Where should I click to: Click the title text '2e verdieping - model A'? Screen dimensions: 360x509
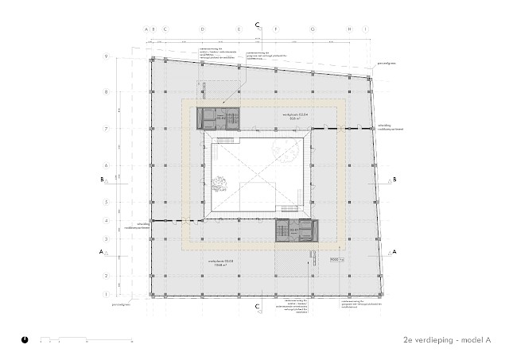click(x=447, y=339)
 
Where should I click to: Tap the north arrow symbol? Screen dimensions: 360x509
click(x=26, y=339)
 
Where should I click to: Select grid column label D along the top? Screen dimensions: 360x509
click(x=202, y=30)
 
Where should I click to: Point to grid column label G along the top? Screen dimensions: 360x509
click(x=313, y=30)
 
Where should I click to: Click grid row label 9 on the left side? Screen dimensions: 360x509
click(x=106, y=56)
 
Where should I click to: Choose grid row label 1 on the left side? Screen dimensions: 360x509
click(x=106, y=294)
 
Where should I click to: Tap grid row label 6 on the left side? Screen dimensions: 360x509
click(x=106, y=165)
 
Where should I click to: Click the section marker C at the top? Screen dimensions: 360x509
click(x=257, y=25)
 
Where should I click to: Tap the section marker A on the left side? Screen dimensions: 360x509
click(x=101, y=252)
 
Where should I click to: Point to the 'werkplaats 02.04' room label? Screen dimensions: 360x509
click(x=294, y=116)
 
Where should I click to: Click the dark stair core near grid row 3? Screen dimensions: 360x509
click(x=296, y=230)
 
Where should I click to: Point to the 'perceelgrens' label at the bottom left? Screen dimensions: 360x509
click(x=121, y=303)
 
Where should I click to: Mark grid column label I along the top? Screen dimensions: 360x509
click(x=365, y=30)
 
